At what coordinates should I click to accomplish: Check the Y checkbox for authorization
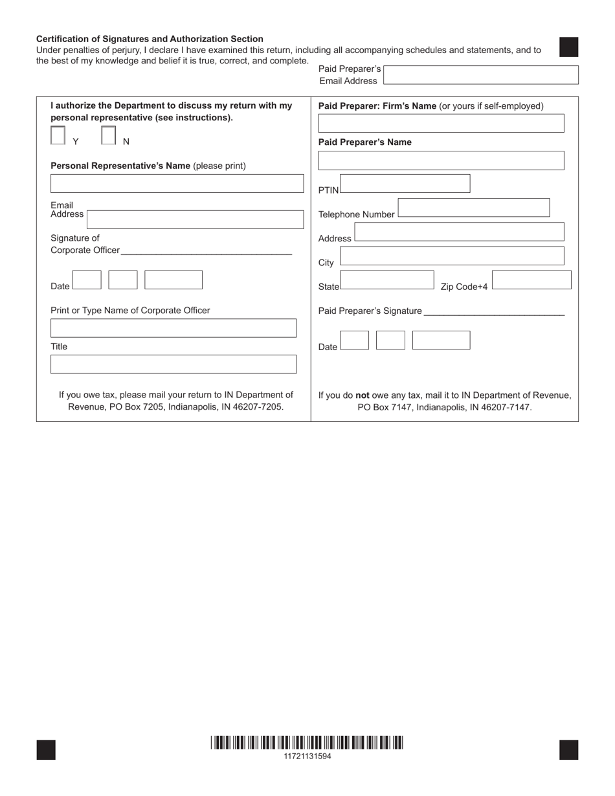[58, 135]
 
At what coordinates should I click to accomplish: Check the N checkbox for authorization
[109, 135]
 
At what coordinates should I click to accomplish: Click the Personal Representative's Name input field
[177, 184]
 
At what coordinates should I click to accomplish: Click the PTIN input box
[405, 184]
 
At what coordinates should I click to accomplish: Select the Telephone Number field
[473, 208]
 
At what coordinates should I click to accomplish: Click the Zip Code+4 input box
[531, 280]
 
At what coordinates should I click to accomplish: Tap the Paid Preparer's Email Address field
[480, 75]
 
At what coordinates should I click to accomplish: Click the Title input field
[173, 364]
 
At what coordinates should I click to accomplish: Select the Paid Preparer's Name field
[441, 160]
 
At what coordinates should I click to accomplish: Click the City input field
[452, 256]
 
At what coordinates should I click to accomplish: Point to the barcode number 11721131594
[307, 756]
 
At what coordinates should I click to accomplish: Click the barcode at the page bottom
[307, 742]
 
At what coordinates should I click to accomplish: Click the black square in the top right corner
[568, 47]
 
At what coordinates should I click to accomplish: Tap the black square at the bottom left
[46, 750]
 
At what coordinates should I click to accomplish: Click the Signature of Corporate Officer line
[206, 251]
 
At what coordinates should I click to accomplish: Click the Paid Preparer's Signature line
[494, 311]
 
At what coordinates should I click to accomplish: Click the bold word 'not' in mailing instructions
[363, 395]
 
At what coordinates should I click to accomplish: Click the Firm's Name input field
[441, 124]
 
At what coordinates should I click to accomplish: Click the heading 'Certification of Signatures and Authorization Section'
[150, 39]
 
